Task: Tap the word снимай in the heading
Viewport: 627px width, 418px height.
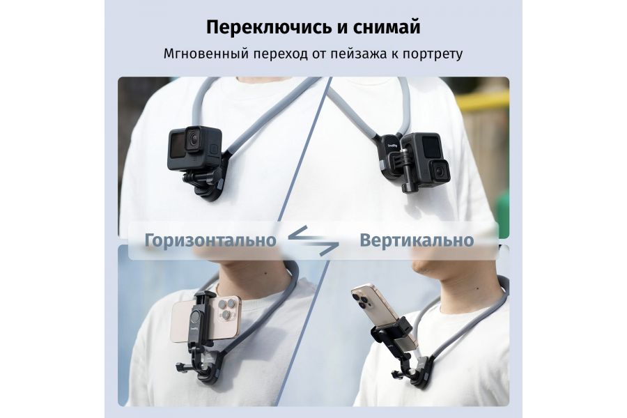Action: [x=387, y=28]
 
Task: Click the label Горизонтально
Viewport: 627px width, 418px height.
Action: [x=210, y=240]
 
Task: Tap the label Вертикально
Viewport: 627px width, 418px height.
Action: [x=417, y=240]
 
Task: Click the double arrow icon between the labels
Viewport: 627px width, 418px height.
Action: [x=313, y=240]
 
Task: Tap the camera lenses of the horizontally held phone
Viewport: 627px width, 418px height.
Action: [x=224, y=311]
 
